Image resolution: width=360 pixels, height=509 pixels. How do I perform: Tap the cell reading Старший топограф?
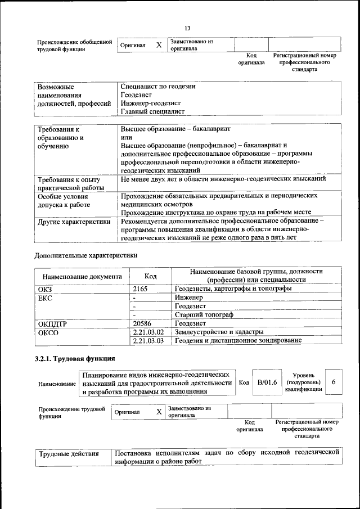coord(204,314)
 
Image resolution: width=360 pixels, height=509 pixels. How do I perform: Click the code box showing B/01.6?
coord(264,382)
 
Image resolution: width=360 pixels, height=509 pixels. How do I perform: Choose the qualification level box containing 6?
coord(334,382)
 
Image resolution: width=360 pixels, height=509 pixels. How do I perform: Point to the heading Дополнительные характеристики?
coord(86,255)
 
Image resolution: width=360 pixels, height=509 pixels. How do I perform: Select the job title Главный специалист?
coord(152,111)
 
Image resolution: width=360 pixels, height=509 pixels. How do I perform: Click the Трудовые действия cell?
coord(69,453)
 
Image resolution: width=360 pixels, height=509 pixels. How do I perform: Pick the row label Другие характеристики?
coord(74,222)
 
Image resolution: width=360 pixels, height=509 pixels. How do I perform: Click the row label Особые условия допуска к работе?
coord(62,201)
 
